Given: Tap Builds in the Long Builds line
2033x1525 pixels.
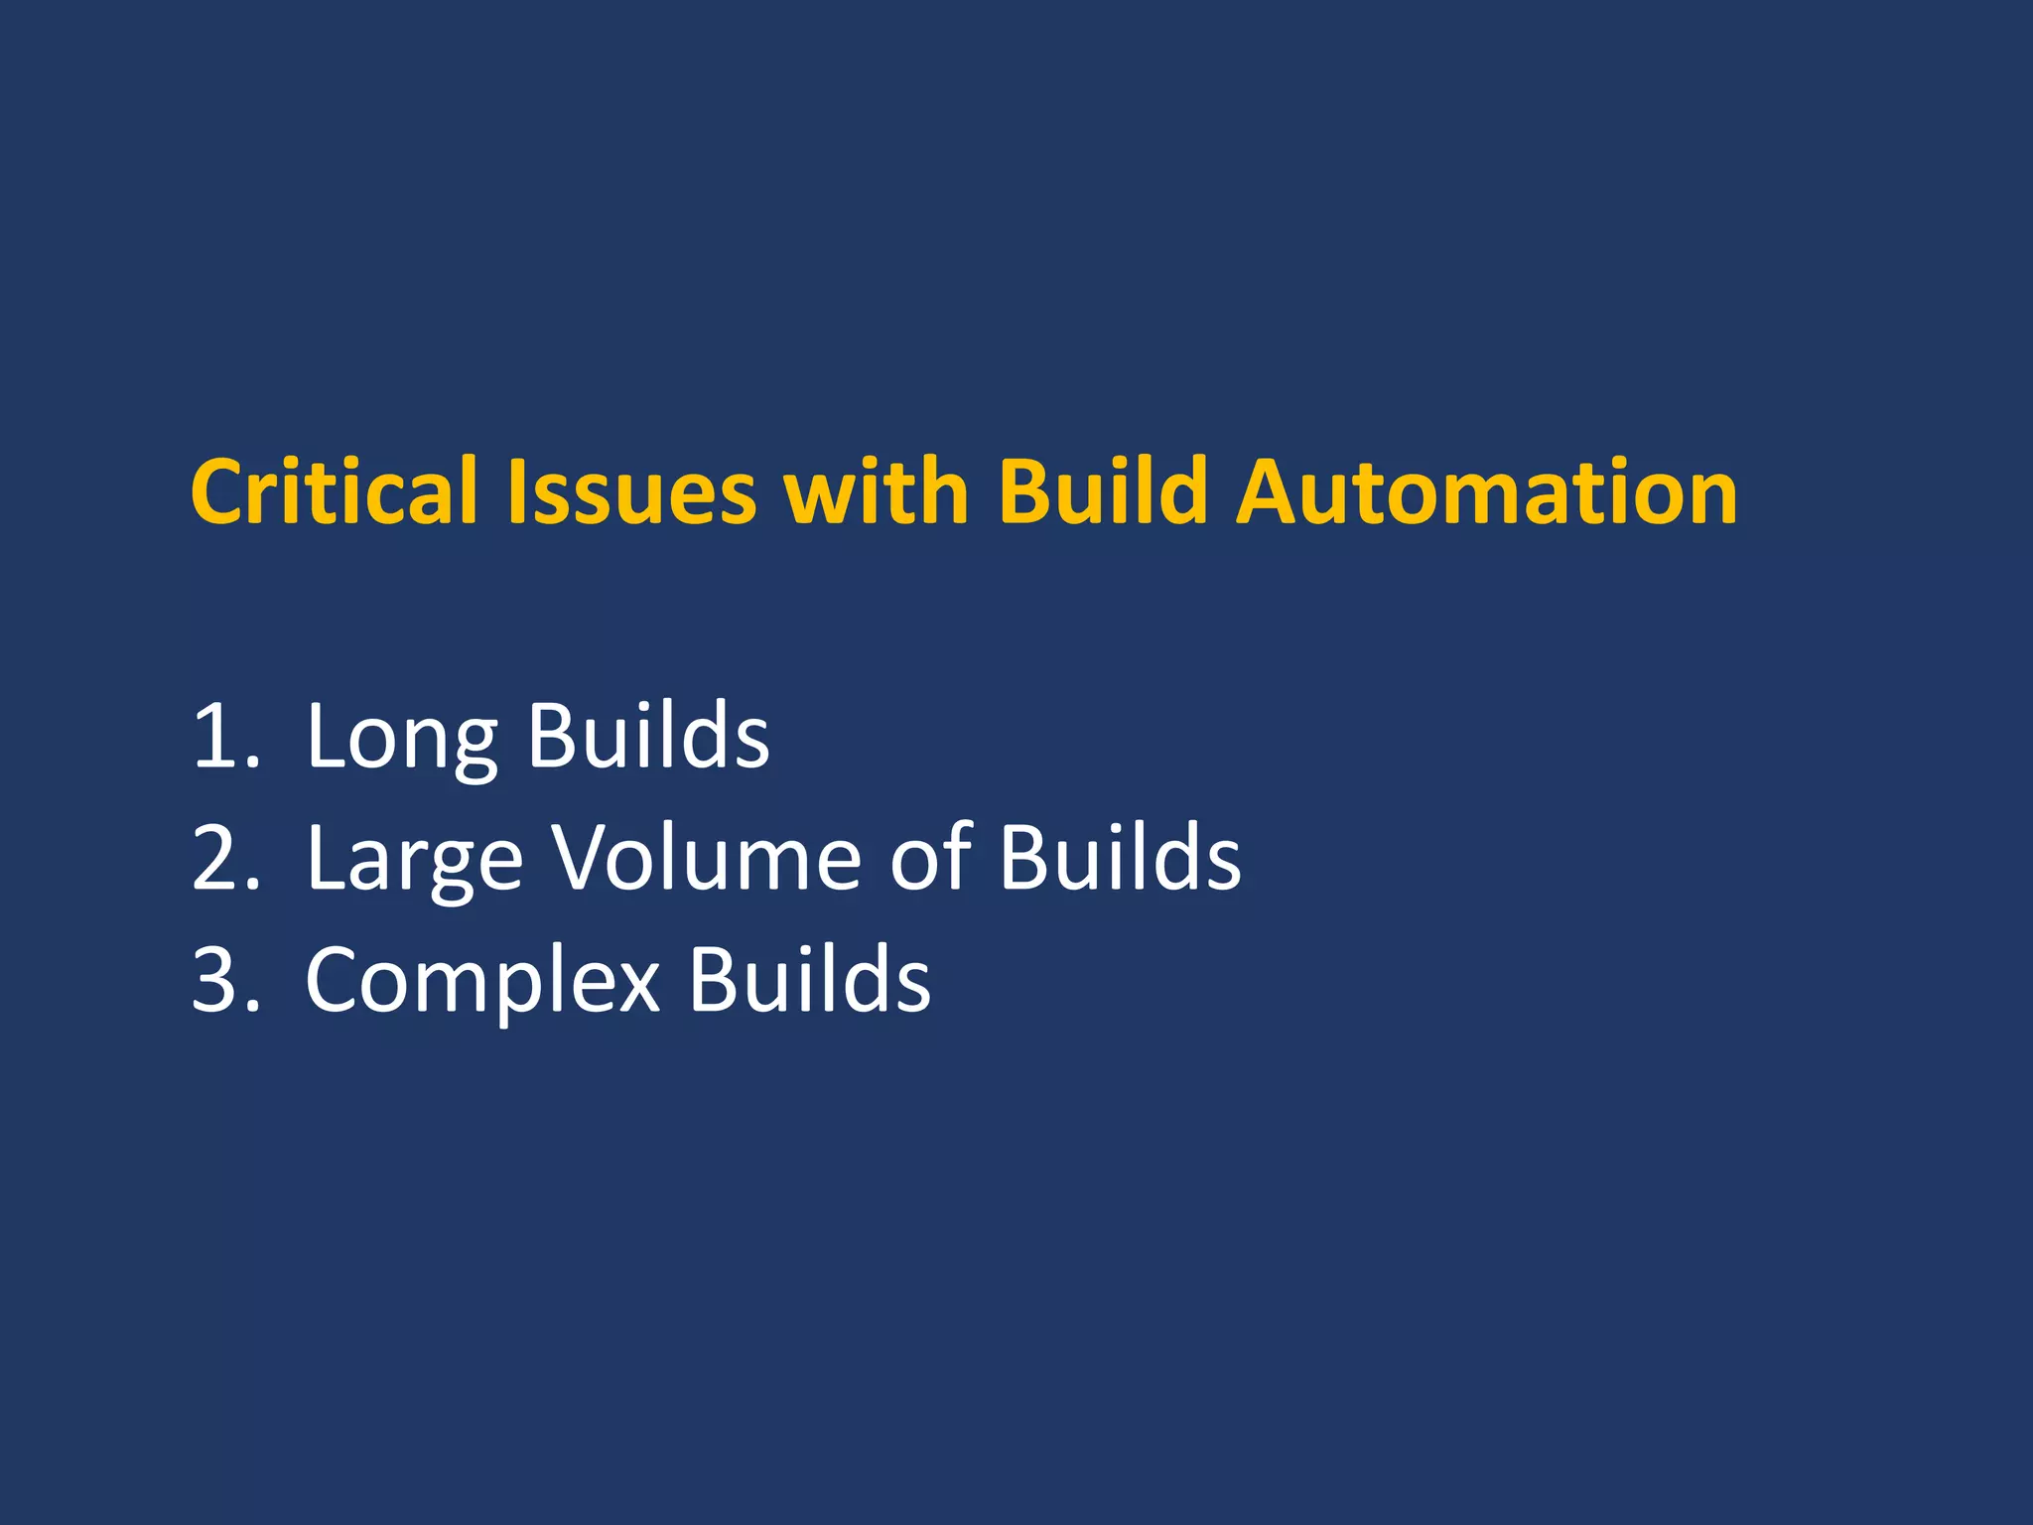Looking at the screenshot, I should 648,736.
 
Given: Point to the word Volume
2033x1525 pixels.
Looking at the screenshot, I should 707,858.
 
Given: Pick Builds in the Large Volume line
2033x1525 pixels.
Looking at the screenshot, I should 1120,858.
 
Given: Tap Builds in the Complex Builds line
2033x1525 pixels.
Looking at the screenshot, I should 810,980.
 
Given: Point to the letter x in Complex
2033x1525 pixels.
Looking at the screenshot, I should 636,985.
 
